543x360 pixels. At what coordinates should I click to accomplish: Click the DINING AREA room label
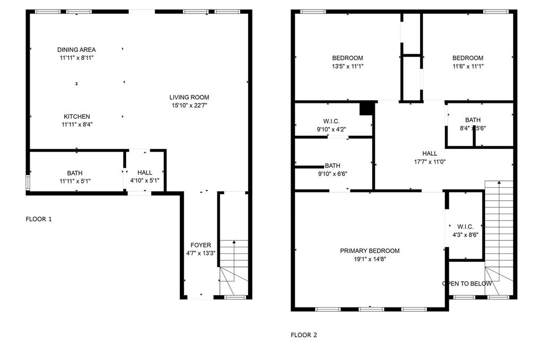pyautogui.click(x=76, y=50)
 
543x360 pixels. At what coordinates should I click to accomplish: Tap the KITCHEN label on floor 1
pyautogui.click(x=77, y=117)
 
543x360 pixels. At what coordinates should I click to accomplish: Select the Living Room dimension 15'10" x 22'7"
pyautogui.click(x=189, y=106)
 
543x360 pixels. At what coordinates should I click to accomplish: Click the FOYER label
pyautogui.click(x=201, y=245)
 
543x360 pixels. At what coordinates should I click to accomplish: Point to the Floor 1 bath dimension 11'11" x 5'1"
pyautogui.click(x=75, y=181)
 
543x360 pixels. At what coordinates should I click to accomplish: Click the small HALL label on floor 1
pyautogui.click(x=145, y=173)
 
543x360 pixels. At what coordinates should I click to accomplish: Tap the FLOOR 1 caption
pyautogui.click(x=39, y=219)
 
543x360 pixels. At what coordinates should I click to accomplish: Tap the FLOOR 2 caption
pyautogui.click(x=304, y=335)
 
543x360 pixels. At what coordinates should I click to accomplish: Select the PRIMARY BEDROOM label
pyautogui.click(x=370, y=251)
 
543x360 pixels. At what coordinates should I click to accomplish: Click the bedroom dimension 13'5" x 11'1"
pyautogui.click(x=347, y=66)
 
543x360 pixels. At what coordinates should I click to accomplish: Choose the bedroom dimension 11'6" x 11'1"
pyautogui.click(x=468, y=66)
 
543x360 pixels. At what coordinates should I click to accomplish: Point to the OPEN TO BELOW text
pyautogui.click(x=467, y=284)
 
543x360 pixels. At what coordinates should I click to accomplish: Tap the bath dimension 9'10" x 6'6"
pyautogui.click(x=332, y=174)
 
